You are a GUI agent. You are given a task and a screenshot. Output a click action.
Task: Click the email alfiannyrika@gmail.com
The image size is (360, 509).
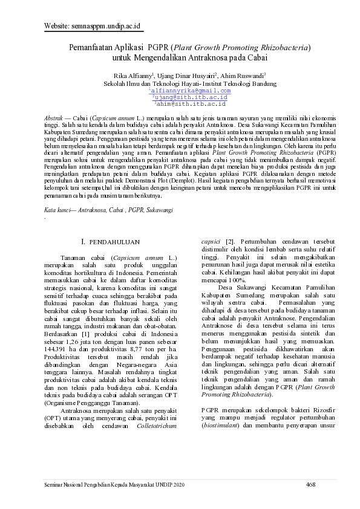tap(191, 90)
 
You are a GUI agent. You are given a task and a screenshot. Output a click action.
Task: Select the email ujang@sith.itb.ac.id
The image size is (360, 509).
tap(191, 97)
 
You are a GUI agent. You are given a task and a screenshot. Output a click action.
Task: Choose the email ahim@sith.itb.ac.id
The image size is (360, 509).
tap(191, 103)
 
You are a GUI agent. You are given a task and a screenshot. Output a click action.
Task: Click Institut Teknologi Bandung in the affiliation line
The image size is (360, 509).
tap(231, 83)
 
